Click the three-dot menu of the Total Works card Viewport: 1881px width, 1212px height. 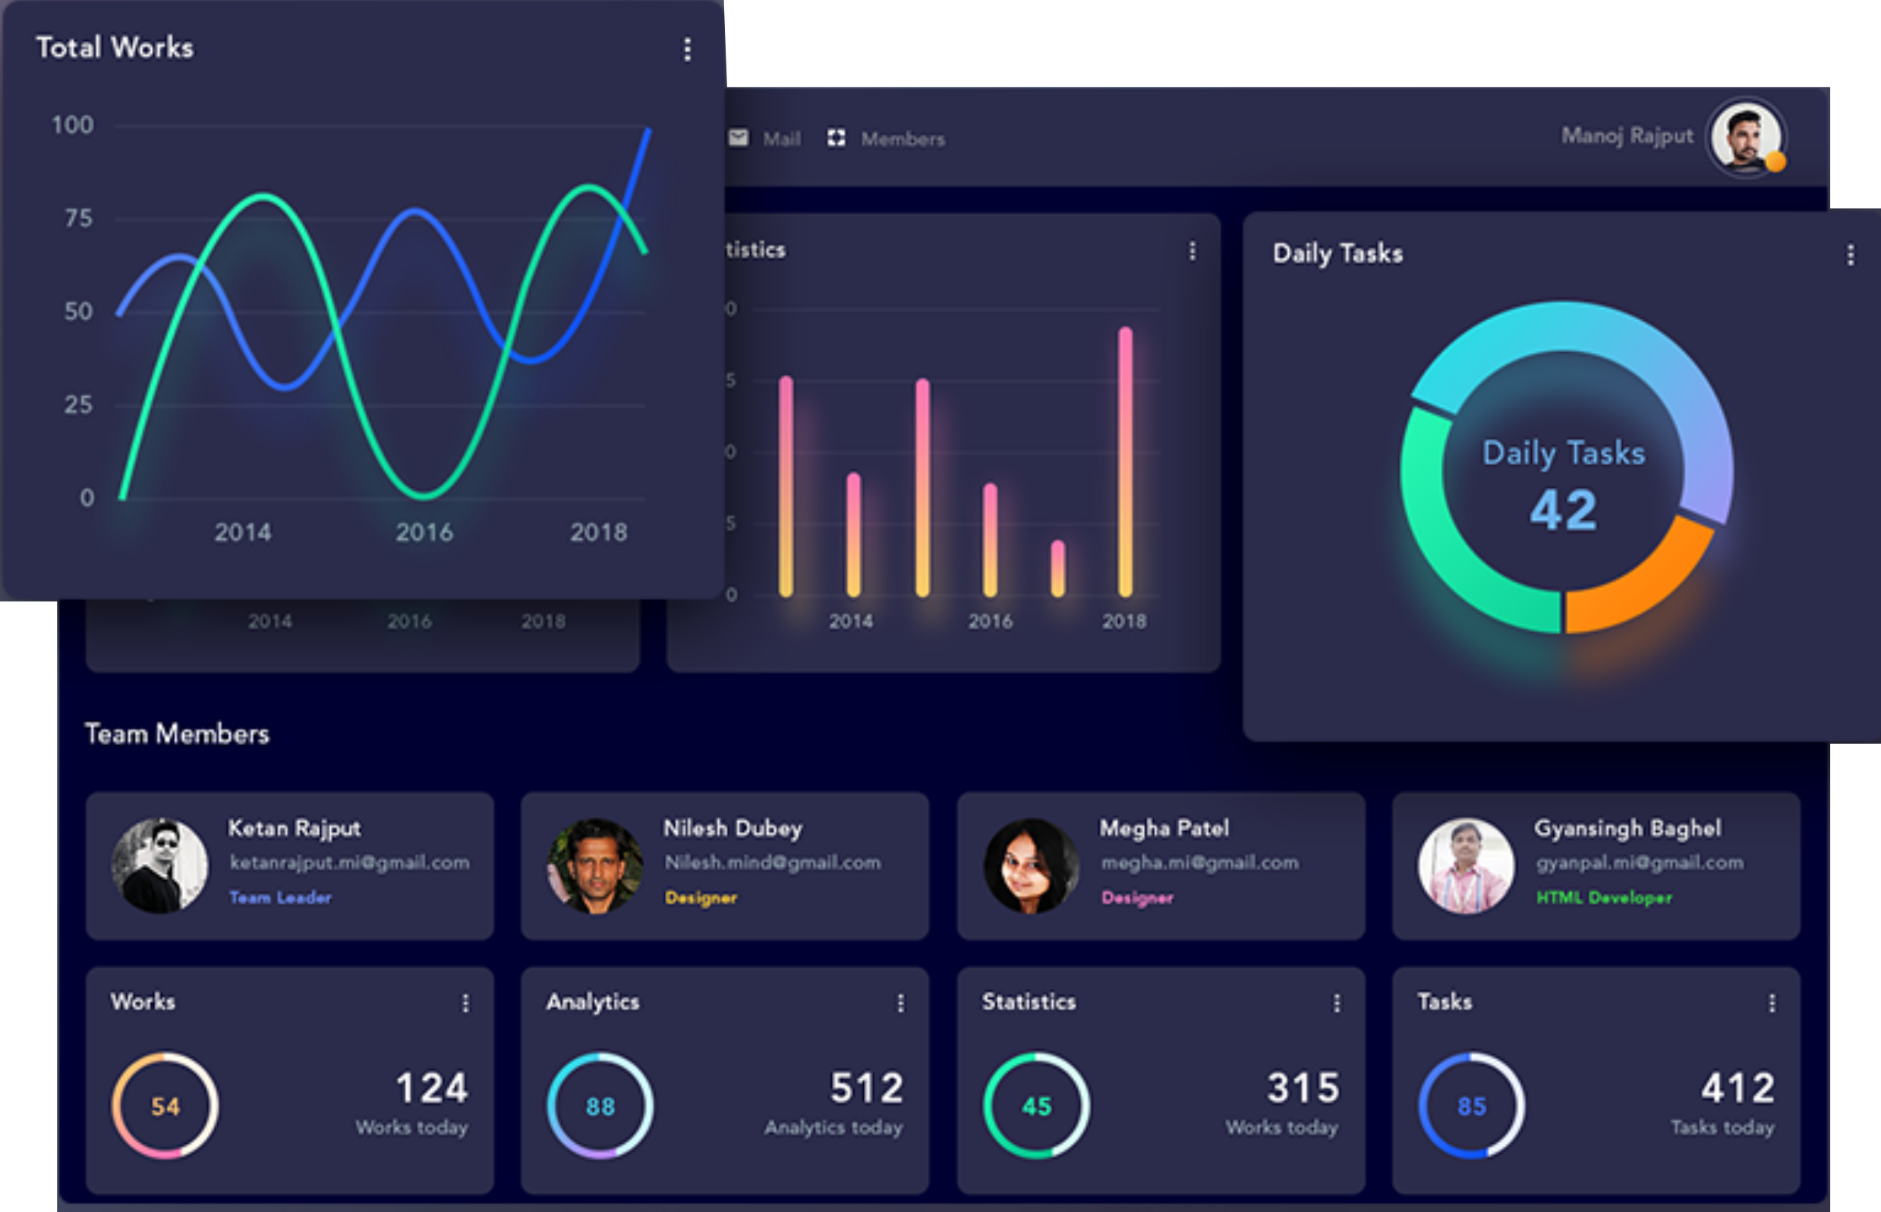[687, 49]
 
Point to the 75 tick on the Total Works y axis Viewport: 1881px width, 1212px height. [79, 218]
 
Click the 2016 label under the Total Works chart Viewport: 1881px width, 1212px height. [424, 533]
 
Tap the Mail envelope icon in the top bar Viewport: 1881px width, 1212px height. [739, 139]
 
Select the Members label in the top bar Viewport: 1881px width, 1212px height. [903, 140]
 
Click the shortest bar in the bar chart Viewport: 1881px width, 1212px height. [1057, 568]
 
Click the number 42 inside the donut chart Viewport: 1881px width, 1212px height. [1563, 511]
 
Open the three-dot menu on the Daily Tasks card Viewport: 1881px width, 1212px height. [1851, 255]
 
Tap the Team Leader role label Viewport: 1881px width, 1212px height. [280, 897]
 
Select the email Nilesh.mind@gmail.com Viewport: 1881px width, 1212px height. [772, 863]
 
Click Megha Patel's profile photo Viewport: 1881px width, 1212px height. [1031, 866]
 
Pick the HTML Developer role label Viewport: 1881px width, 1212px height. [1604, 897]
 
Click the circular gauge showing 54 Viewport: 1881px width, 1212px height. [165, 1106]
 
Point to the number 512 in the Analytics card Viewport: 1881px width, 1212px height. [867, 1088]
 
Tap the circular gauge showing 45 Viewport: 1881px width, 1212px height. [1036, 1106]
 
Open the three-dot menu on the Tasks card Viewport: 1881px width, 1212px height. [1772, 1003]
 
